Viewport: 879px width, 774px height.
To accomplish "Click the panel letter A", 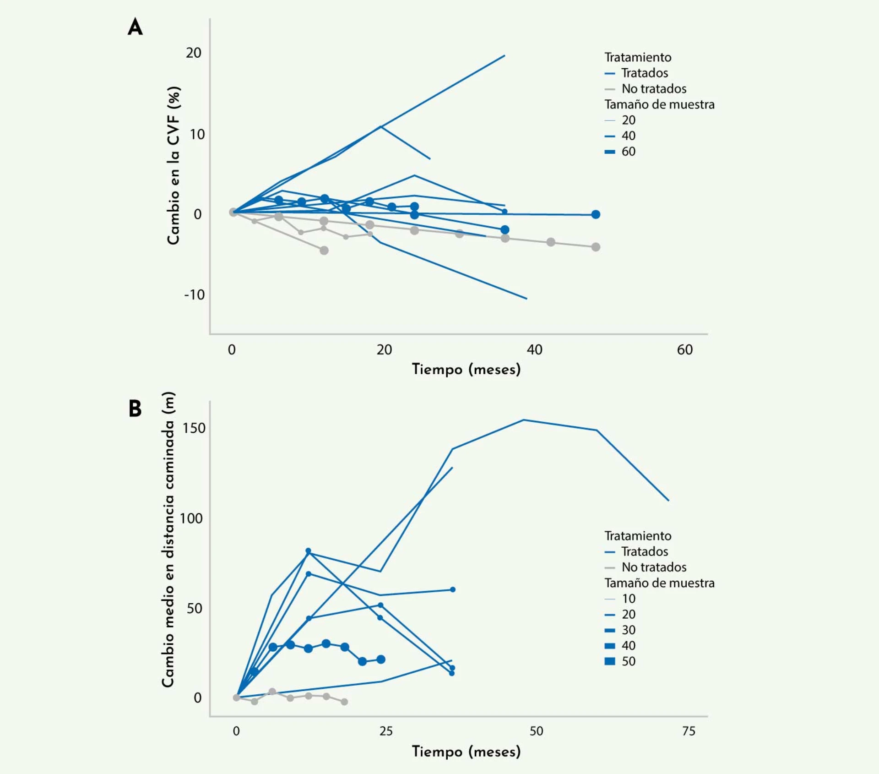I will pos(135,27).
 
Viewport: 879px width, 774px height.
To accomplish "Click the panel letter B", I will pos(135,409).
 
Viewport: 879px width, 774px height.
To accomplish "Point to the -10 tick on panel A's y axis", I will pos(194,294).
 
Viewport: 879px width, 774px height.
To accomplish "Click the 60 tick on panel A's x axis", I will pos(684,350).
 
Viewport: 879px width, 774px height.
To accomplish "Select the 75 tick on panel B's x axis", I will pos(689,731).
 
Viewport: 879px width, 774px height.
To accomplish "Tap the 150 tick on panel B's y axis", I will pos(194,428).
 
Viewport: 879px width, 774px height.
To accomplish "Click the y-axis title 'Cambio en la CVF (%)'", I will pos(174,165).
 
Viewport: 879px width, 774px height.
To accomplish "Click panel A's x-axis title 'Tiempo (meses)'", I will pos(466,369).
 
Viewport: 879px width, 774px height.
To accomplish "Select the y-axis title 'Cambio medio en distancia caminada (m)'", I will pos(168,540).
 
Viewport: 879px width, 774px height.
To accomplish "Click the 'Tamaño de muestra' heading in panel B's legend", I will pos(659,583).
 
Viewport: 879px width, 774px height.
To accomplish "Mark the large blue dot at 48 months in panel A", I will pos(596,214).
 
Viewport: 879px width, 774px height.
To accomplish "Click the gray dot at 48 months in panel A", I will pos(596,247).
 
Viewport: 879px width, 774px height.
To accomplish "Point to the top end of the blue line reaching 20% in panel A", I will pos(505,56).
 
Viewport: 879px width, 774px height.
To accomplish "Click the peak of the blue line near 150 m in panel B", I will pos(524,420).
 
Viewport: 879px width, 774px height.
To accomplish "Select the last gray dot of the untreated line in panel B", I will pos(344,702).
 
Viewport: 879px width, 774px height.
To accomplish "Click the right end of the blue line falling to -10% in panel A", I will pos(526,299).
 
